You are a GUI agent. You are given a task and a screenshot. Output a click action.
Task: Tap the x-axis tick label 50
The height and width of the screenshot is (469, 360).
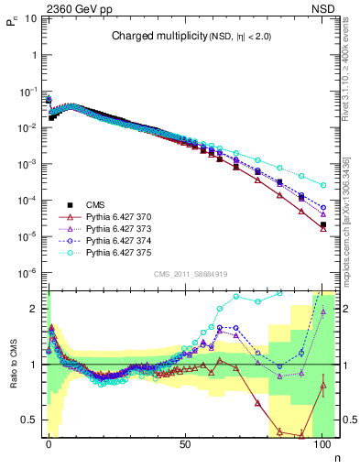pyautogui.click(x=186, y=443)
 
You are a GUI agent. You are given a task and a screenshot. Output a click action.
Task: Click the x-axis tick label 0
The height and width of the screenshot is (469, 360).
pyautogui.click(x=49, y=443)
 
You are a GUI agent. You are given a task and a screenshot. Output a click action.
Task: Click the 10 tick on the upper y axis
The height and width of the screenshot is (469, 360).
pyautogui.click(x=31, y=18)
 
